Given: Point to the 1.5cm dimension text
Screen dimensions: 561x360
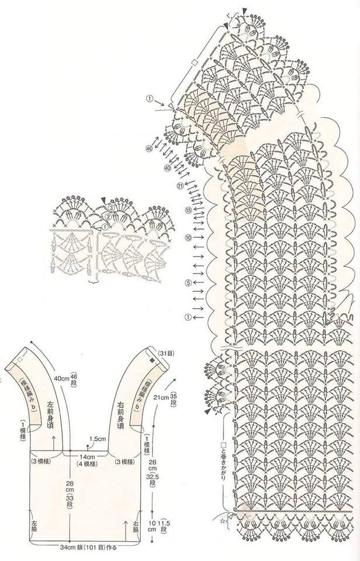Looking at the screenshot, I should tap(98, 438).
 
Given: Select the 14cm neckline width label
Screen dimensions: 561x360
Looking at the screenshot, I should tap(87, 455).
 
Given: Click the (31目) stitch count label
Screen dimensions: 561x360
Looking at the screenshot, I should tap(165, 353).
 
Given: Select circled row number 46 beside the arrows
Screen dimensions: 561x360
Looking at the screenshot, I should tap(150, 150).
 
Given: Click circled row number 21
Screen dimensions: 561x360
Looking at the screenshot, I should tap(180, 186).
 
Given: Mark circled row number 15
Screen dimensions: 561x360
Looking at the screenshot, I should tap(188, 210).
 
